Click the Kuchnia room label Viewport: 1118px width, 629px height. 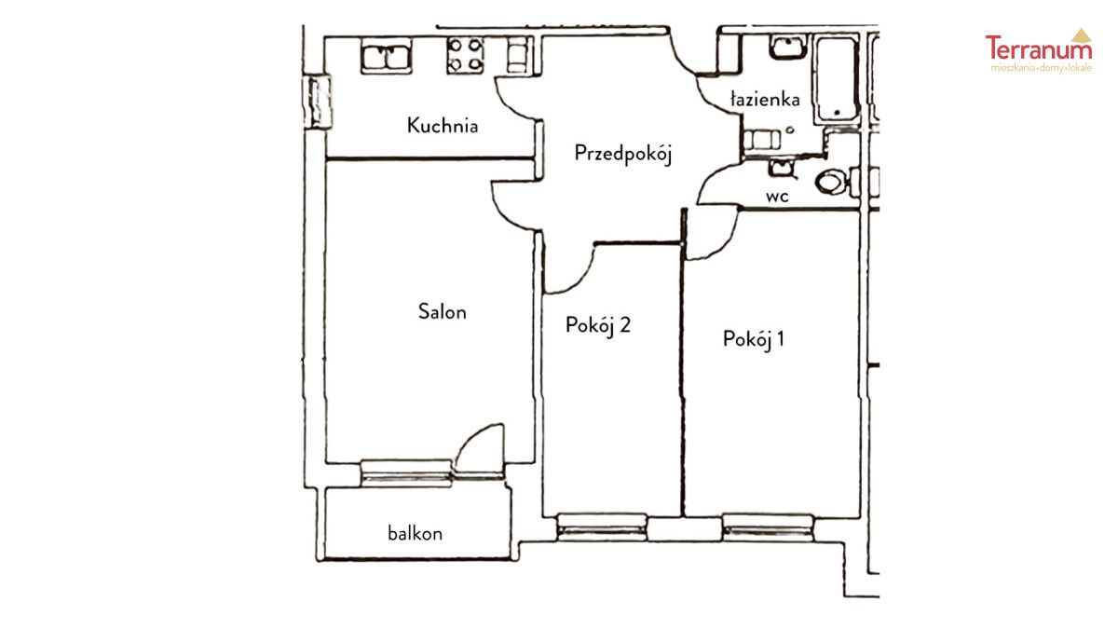tap(443, 125)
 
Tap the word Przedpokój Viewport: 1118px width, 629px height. tap(623, 154)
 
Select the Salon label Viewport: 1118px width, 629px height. tap(443, 311)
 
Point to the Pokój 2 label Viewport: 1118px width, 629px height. tap(598, 325)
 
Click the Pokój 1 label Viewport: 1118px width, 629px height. tap(753, 339)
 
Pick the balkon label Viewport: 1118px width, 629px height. tap(415, 533)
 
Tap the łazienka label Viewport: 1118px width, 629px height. tap(765, 99)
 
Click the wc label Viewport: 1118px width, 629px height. tap(777, 197)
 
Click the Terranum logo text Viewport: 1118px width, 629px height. tap(1039, 48)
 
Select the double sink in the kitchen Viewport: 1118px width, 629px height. tap(387, 57)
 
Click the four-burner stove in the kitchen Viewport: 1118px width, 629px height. tap(465, 55)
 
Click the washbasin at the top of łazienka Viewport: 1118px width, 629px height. tap(787, 48)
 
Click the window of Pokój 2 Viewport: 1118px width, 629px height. tap(602, 527)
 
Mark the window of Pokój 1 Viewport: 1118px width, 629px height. tap(768, 527)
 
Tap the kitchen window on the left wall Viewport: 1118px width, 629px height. tap(318, 102)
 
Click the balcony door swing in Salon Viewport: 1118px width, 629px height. tap(478, 448)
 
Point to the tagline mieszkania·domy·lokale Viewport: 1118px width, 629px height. tap(1042, 68)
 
